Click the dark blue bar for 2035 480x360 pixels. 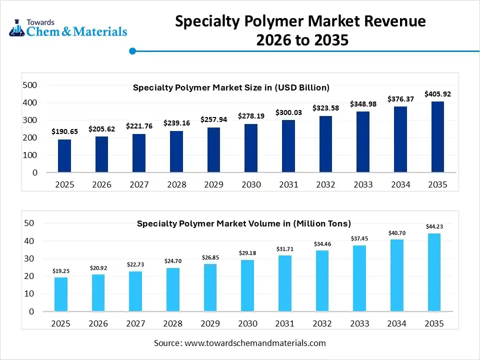tap(437, 137)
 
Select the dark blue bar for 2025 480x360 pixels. tap(64, 155)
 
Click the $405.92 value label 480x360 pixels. tap(437, 93)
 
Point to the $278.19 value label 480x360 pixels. tap(251, 116)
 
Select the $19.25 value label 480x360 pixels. tap(60, 271)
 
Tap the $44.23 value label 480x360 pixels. tap(434, 226)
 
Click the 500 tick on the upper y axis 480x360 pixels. tap(30, 85)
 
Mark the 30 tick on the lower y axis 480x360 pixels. tap(30, 258)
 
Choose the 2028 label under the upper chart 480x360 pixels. tap(176, 184)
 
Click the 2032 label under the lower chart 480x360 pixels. tap(322, 323)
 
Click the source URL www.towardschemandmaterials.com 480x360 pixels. tap(255, 343)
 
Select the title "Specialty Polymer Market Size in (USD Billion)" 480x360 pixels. tap(231, 87)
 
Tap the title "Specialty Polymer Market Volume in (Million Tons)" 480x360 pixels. tap(244, 223)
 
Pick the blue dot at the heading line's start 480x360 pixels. tap(132, 50)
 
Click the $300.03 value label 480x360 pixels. tap(288, 112)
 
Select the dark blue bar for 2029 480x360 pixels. tap(213, 150)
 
